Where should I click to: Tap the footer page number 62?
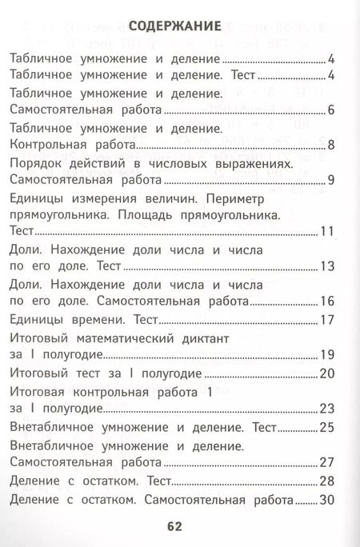[x=176, y=525]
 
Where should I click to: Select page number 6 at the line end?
[x=330, y=110]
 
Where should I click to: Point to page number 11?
[x=326, y=233]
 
